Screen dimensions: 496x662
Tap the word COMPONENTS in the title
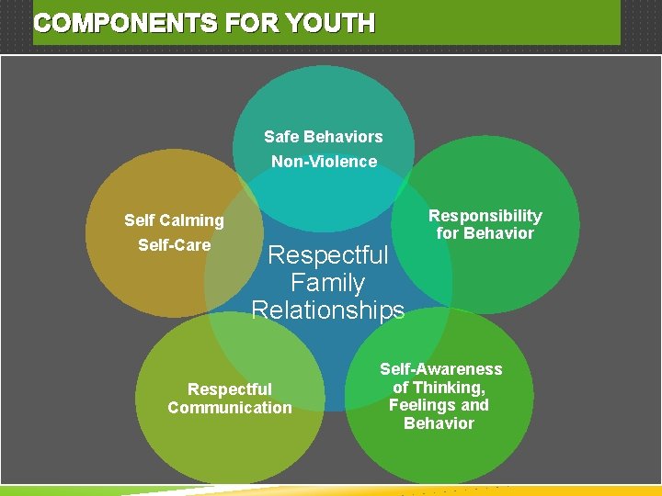coord(115,24)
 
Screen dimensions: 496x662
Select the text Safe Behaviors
coord(323,137)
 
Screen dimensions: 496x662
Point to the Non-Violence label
coord(324,162)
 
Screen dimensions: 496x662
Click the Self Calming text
coord(174,220)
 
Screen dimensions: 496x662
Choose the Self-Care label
coord(174,245)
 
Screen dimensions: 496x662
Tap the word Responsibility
coord(485,216)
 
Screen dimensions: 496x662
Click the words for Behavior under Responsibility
coord(485,233)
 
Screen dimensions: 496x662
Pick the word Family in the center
coord(327,283)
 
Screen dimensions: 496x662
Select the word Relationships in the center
coord(327,310)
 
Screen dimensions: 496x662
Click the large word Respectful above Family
coord(327,254)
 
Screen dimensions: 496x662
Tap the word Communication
coord(229,408)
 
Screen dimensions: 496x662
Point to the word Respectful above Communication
coord(229,389)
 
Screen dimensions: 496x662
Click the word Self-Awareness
coord(441,369)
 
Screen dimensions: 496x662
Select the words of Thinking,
coord(439,388)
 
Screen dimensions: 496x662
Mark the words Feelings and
coord(439,405)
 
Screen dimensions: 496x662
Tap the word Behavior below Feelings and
coord(439,423)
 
